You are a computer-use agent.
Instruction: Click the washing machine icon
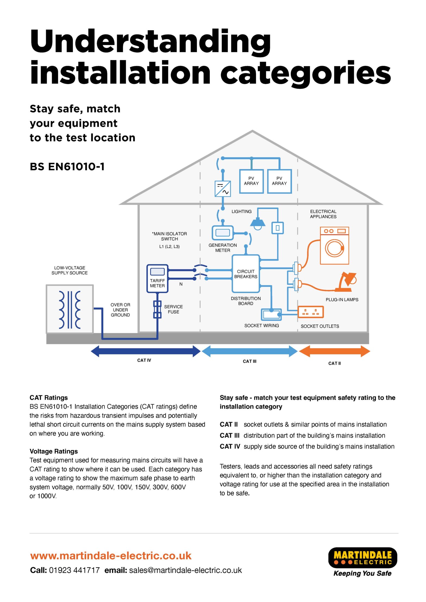click(x=334, y=246)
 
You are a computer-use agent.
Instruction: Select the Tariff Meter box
click(x=157, y=279)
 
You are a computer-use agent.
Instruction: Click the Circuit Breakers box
click(x=246, y=273)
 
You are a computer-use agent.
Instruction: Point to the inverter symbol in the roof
click(x=223, y=188)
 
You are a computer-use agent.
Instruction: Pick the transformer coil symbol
click(x=70, y=310)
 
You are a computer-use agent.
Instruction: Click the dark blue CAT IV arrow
click(x=145, y=351)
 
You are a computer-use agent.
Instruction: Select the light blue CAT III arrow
click(x=250, y=351)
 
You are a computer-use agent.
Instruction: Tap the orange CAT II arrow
click(x=334, y=351)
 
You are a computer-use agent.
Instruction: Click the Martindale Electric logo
click(x=363, y=562)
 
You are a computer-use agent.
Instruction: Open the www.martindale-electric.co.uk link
click(x=111, y=556)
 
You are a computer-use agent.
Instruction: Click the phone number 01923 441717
click(x=74, y=570)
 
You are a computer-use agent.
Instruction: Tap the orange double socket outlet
click(x=311, y=312)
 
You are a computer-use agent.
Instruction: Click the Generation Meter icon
click(x=223, y=233)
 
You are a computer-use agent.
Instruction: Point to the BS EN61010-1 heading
click(x=67, y=166)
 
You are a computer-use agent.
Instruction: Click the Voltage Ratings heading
click(x=54, y=451)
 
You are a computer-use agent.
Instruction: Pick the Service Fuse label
click(x=173, y=309)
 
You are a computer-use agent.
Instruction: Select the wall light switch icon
click(x=277, y=228)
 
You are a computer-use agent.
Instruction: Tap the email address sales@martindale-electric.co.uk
click(x=186, y=570)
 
